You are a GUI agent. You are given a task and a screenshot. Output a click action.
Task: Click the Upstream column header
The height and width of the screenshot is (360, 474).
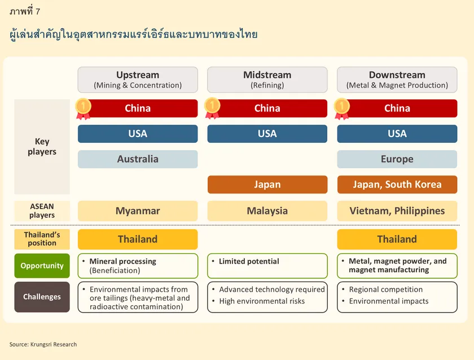click(138, 80)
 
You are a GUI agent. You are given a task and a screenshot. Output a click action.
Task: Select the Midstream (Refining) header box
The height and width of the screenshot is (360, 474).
click(267, 80)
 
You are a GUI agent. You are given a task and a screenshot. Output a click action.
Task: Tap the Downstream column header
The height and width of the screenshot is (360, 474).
click(397, 80)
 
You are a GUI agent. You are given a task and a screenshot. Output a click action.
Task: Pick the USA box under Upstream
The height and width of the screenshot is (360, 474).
click(138, 134)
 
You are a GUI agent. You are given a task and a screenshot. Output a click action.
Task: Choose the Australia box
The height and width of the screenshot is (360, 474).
click(138, 159)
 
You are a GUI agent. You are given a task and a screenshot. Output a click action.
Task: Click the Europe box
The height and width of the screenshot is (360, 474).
click(397, 159)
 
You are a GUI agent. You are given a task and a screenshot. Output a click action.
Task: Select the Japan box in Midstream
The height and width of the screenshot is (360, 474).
click(267, 185)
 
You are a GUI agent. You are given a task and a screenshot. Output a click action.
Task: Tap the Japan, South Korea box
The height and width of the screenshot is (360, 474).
click(397, 185)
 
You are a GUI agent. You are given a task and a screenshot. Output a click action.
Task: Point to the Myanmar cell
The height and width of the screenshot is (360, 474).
click(138, 210)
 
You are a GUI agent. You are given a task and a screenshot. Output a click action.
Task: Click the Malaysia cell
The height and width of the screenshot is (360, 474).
click(267, 210)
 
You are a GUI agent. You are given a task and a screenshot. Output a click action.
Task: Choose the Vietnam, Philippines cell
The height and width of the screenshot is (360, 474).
click(397, 210)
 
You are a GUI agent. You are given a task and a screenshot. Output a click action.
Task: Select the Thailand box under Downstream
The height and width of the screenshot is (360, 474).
click(397, 239)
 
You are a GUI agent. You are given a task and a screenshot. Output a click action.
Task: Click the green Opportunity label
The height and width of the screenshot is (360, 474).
click(42, 266)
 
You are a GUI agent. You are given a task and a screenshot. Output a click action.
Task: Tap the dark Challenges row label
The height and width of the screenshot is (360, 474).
click(42, 297)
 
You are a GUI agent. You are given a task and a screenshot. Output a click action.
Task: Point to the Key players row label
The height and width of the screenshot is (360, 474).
click(42, 147)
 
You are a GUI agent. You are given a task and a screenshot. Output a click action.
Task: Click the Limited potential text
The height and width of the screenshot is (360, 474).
click(249, 261)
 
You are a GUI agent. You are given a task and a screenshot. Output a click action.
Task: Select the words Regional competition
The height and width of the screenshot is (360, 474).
click(386, 289)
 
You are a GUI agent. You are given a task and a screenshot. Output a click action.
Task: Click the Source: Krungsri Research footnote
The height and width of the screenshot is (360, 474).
click(43, 344)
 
